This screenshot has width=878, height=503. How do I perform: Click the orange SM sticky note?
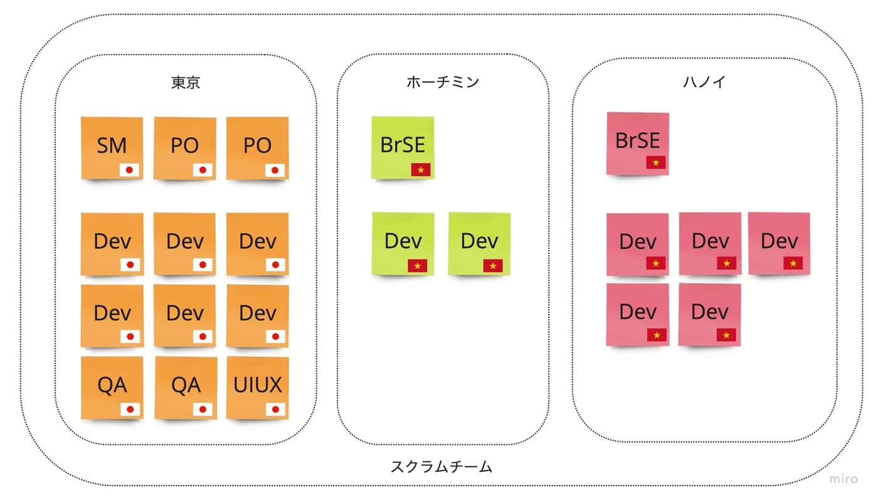[112, 148]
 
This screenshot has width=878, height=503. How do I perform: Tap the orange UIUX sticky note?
[258, 388]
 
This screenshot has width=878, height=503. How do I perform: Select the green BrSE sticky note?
[403, 147]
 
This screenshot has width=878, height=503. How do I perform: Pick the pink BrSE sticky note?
[638, 143]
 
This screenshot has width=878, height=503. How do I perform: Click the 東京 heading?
[186, 82]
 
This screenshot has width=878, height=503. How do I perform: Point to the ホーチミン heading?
[443, 82]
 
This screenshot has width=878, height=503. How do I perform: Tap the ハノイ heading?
[704, 82]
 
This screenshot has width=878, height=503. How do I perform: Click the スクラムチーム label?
[442, 467]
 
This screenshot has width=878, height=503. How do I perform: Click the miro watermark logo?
[844, 479]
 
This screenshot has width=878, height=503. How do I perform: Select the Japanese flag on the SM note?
[130, 169]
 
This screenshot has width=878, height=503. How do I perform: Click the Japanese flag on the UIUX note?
[275, 410]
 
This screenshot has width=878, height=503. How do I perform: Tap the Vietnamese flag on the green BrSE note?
[421, 169]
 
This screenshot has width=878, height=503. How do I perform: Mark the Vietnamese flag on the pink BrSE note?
[656, 162]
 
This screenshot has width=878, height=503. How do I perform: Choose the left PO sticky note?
[184, 148]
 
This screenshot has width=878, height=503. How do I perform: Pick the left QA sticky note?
[112, 388]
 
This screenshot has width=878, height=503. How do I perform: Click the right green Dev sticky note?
[479, 243]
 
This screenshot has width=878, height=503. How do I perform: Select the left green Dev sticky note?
[403, 243]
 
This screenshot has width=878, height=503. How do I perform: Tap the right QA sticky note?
[186, 388]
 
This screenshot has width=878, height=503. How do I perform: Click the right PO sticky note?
[257, 148]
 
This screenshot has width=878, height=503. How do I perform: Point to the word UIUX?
[258, 384]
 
